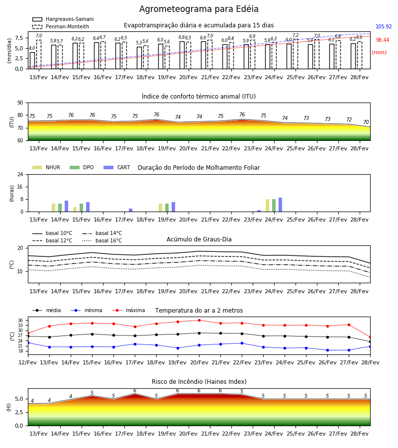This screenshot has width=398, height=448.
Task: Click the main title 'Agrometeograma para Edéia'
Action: click(199, 9)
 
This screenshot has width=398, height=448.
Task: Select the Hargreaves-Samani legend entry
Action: click(63, 19)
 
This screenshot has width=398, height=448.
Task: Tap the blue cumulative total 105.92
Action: click(384, 26)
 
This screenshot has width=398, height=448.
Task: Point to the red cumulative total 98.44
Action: click(382, 40)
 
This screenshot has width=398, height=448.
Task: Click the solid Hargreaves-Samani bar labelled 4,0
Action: click(32, 61)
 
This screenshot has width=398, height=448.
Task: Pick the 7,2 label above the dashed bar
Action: click(296, 35)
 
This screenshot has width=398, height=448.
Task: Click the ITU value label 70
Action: click(366, 122)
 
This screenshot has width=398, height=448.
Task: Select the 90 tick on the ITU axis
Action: click(20, 103)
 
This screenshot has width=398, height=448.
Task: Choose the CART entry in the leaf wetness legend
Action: click(117, 167)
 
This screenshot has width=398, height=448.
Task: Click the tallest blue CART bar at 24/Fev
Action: click(281, 205)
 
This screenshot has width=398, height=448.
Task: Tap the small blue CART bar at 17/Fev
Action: click(130, 210)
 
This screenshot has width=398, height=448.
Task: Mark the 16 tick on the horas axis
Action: click(20, 187)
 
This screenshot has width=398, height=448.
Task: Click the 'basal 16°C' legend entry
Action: click(102, 240)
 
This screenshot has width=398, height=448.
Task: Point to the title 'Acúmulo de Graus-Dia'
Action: click(199, 239)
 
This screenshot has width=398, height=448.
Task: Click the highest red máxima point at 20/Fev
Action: click(199, 320)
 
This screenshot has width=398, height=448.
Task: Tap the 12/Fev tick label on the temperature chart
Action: click(28, 362)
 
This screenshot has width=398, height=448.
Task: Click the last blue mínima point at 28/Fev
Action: click(370, 346)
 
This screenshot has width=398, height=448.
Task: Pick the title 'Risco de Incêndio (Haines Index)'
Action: click(199, 382)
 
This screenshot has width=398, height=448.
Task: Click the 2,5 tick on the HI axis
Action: click(19, 412)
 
